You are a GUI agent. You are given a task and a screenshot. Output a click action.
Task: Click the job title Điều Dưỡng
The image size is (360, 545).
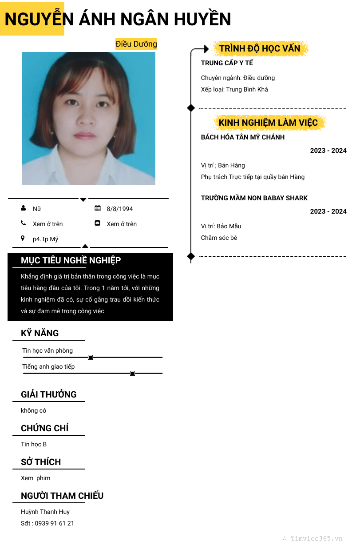point(136,44)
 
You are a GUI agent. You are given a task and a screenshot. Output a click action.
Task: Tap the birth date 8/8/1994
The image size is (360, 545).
point(119,209)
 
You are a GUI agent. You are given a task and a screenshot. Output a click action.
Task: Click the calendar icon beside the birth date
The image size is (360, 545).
point(98,208)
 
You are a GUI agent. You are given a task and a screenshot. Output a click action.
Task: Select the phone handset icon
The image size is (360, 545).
point(23,223)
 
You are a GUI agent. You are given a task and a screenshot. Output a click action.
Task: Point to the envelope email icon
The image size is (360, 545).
point(98,223)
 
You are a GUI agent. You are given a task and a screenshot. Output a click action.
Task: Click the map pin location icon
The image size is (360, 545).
point(23,239)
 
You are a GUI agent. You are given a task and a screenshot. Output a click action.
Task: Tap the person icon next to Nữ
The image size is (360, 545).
point(23,208)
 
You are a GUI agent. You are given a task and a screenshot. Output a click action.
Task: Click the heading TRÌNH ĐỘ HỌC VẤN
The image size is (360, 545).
point(260,48)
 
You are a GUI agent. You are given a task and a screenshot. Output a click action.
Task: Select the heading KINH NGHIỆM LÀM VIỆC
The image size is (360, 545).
point(268,123)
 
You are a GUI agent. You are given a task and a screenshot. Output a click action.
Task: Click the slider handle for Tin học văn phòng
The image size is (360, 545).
point(90,357)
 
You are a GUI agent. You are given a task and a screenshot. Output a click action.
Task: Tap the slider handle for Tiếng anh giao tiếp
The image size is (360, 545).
point(132,373)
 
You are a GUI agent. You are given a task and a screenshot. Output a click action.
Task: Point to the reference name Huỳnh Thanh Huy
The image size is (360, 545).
point(45,512)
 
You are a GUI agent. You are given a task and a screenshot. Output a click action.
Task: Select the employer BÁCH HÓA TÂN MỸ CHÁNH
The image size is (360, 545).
point(243,137)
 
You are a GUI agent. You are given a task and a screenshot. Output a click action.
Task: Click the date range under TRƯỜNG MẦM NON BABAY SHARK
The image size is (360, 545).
point(328,211)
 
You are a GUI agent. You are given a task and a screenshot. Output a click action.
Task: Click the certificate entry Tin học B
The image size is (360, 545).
point(34,444)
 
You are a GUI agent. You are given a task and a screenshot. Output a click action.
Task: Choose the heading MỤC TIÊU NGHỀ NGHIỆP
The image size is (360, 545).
point(71,260)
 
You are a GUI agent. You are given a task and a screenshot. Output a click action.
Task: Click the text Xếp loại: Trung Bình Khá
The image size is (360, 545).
point(234,89)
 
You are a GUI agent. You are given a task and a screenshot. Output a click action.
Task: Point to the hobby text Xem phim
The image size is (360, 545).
point(36,478)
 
